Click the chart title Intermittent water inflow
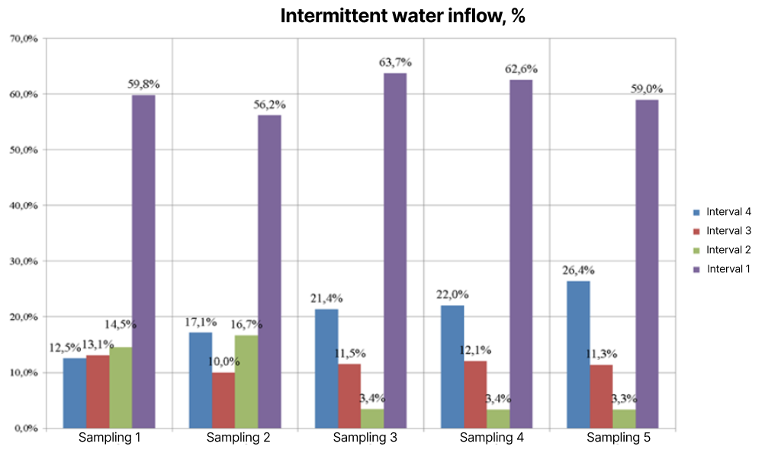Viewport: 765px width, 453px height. [x=403, y=17]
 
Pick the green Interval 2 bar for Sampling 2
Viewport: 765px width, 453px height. [x=246, y=381]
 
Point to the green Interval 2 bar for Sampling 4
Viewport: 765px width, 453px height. [x=498, y=419]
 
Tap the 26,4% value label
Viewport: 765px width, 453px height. [x=579, y=270]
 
